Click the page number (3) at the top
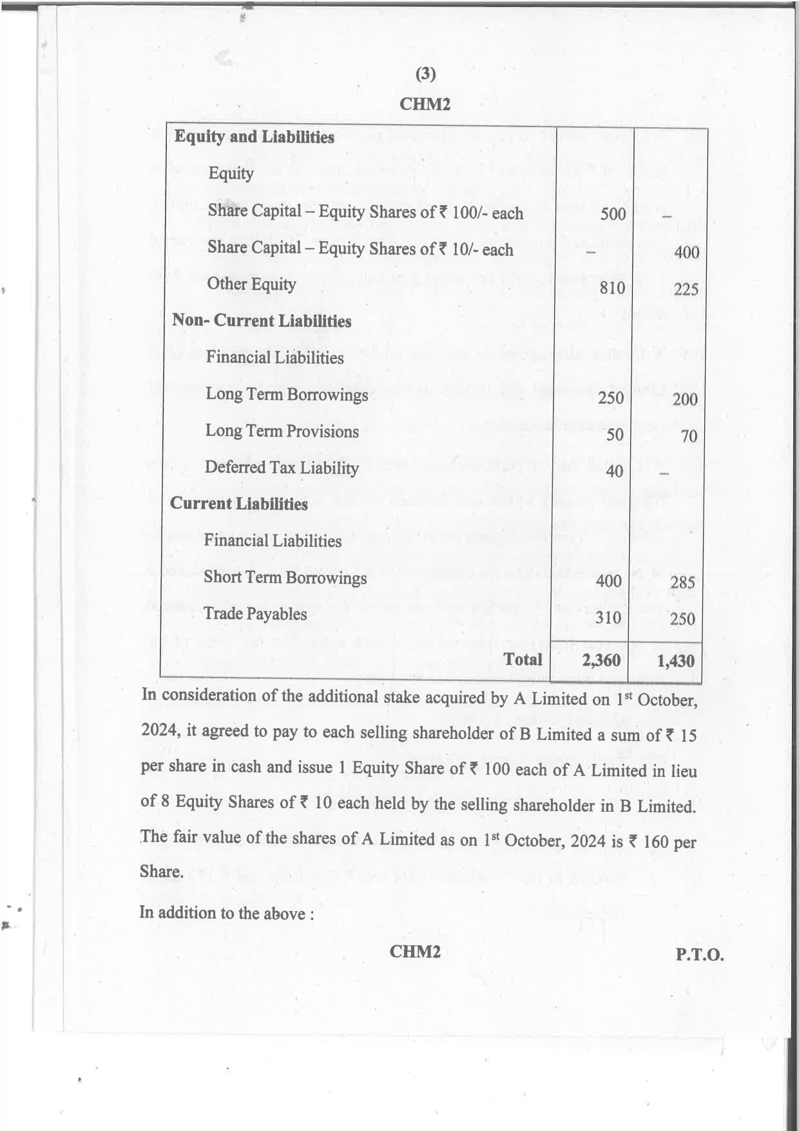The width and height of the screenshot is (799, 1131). point(425,74)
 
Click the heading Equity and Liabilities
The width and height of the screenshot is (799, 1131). point(254,137)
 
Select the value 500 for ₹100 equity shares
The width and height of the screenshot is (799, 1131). point(613,213)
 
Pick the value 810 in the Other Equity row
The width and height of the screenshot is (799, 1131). point(612,288)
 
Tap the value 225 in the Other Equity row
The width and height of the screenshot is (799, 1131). point(686,290)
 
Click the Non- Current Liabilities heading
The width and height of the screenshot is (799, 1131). point(262,320)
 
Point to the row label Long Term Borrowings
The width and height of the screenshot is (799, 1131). point(287,394)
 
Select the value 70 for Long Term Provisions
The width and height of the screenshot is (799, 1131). point(689,437)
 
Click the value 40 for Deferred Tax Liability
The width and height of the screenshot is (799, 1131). point(614,471)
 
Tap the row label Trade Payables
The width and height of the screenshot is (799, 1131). point(255,613)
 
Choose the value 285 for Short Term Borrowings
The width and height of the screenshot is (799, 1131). point(682,583)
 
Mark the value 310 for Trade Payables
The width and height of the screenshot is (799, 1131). point(608,618)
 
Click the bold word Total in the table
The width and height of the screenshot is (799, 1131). point(523,659)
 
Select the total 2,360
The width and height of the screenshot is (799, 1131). point(601,660)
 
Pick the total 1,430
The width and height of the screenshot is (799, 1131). point(675,661)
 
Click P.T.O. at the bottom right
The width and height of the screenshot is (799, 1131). point(700,954)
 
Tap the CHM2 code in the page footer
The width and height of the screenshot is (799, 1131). point(415,951)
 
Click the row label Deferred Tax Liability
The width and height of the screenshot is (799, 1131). point(282,467)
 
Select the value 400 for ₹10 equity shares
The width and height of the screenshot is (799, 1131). point(686,252)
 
